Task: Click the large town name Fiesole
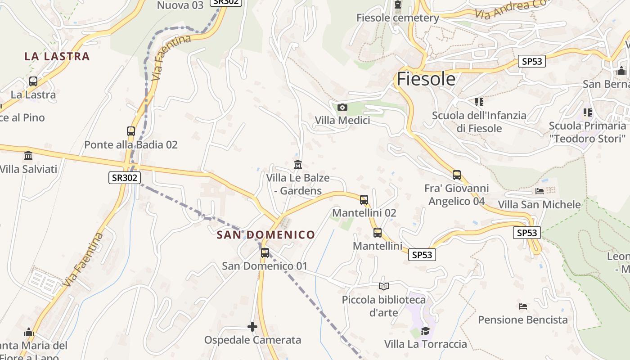pos(426,79)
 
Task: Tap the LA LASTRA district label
pos(57,56)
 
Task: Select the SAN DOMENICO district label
pos(266,234)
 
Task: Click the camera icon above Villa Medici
pos(342,107)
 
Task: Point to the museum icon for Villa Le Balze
pos(297,165)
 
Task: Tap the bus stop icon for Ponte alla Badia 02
pos(131,131)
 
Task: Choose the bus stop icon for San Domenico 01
pos(265,253)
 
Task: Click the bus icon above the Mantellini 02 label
pos(364,199)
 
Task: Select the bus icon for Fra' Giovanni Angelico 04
pos(457,175)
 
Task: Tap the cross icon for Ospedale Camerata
pos(252,326)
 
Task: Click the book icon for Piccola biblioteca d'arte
pos(383,286)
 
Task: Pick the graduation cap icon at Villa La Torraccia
pos(425,331)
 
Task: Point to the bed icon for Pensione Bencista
pos(522,306)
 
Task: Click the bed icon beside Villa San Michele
pos(540,191)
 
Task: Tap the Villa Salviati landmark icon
pos(28,156)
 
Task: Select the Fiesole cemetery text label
pos(398,18)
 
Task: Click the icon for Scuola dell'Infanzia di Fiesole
pos(479,102)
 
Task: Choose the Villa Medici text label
pos(342,121)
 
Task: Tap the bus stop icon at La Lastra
pos(33,81)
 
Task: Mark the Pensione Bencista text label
pos(523,320)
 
